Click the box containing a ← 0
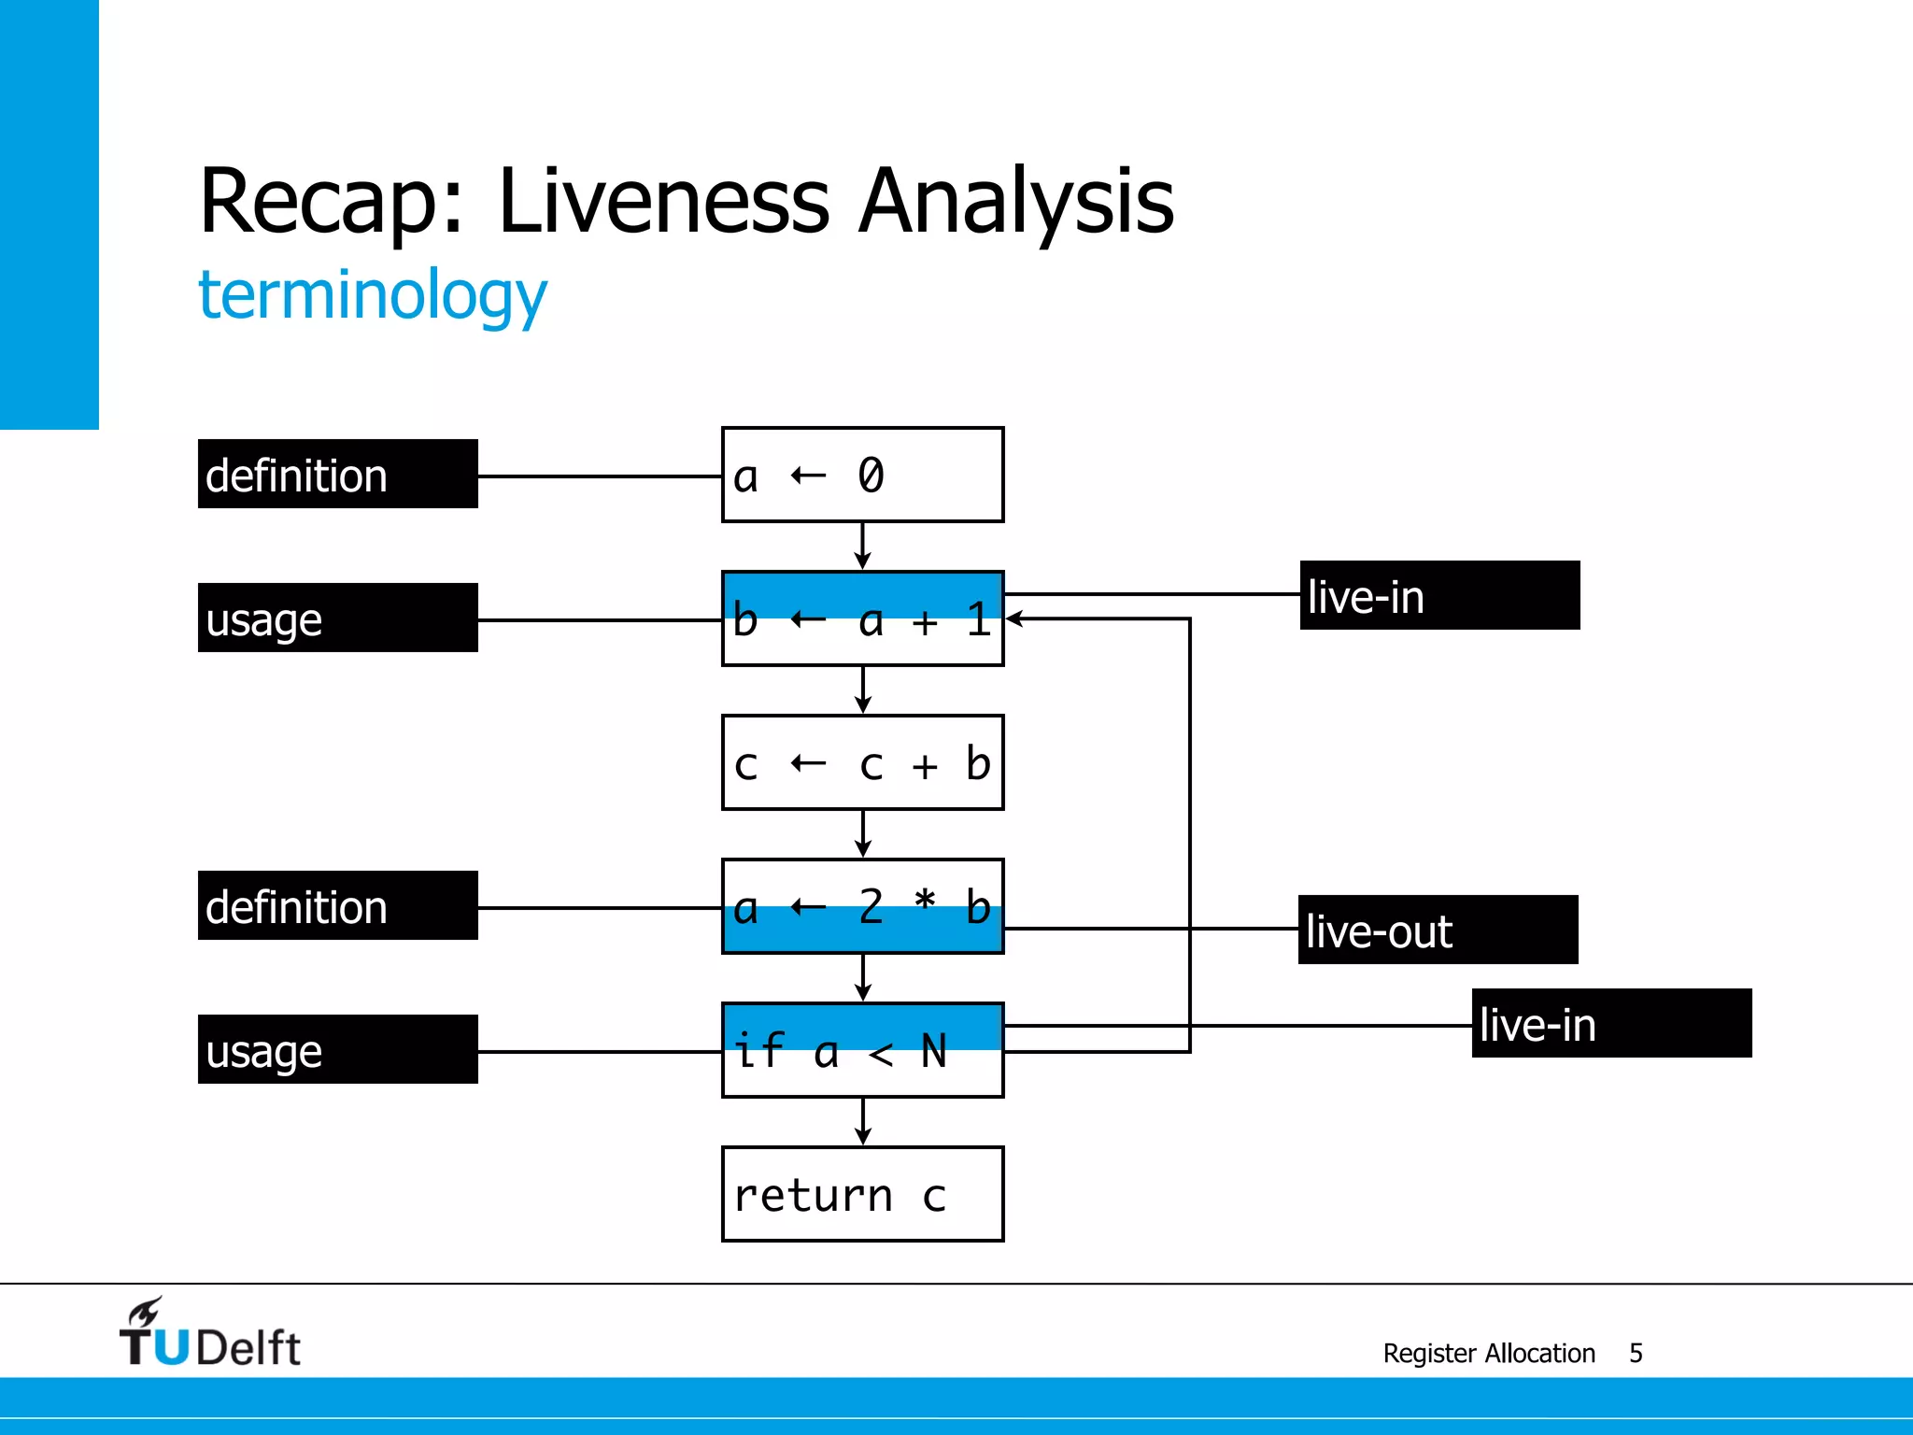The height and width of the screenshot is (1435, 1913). click(862, 475)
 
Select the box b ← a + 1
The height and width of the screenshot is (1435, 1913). click(862, 618)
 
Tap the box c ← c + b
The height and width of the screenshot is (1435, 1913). click(862, 762)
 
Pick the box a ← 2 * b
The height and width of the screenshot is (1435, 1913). click(862, 906)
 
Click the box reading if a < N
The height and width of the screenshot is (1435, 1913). click(862, 1050)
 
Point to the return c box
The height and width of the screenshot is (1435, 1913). click(862, 1194)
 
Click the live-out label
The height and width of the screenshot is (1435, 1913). click(1438, 931)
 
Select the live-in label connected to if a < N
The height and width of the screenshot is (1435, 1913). click(1611, 1024)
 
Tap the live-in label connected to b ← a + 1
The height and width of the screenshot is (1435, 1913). click(1439, 596)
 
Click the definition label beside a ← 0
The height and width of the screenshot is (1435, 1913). click(337, 475)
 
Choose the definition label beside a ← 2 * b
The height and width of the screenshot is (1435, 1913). click(337, 906)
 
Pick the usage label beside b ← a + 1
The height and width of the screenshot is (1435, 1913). click(337, 618)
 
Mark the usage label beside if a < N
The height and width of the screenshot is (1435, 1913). click(337, 1050)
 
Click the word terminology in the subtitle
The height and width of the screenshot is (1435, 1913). click(372, 295)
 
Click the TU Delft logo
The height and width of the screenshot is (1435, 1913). click(209, 1334)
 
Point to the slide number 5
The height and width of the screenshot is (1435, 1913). click(1636, 1353)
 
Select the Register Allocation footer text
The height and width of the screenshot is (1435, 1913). click(1489, 1353)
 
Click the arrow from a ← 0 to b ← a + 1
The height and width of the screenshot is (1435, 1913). click(862, 547)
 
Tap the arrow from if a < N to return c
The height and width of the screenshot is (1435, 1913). click(862, 1122)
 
